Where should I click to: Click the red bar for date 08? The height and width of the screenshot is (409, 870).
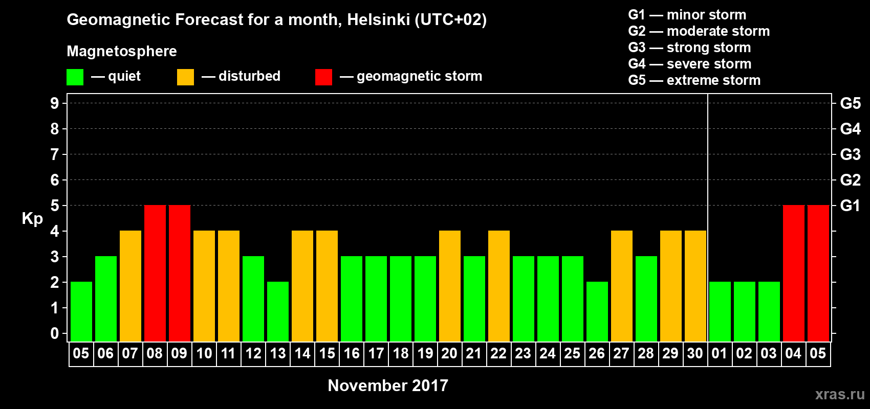155,273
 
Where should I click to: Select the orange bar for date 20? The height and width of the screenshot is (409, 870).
449,286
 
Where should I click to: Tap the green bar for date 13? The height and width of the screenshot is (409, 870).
277,311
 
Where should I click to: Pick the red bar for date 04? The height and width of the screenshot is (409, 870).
793,273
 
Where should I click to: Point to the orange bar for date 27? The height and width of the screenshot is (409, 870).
621,286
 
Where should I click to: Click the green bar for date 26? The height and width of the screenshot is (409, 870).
597,311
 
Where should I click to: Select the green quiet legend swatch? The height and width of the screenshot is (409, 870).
75,77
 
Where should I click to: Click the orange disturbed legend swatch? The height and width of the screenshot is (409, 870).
185,77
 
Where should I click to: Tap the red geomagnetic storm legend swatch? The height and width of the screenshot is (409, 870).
323,77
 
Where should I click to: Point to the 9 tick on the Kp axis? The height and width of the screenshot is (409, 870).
55,103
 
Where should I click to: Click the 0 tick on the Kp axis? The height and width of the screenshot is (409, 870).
55,334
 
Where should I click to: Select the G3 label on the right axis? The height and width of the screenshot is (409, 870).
850,154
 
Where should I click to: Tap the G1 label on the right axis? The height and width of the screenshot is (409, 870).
850,206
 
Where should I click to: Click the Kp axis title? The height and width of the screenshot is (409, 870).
32,219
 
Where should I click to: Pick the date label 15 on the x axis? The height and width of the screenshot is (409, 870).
327,354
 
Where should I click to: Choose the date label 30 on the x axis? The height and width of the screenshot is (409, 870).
695,354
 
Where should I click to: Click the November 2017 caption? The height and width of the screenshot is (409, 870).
388,385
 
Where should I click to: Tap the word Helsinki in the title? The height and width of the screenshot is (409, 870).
378,20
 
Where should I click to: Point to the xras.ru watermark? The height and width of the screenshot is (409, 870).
840,394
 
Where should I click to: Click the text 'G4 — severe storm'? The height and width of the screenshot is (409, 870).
690,64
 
